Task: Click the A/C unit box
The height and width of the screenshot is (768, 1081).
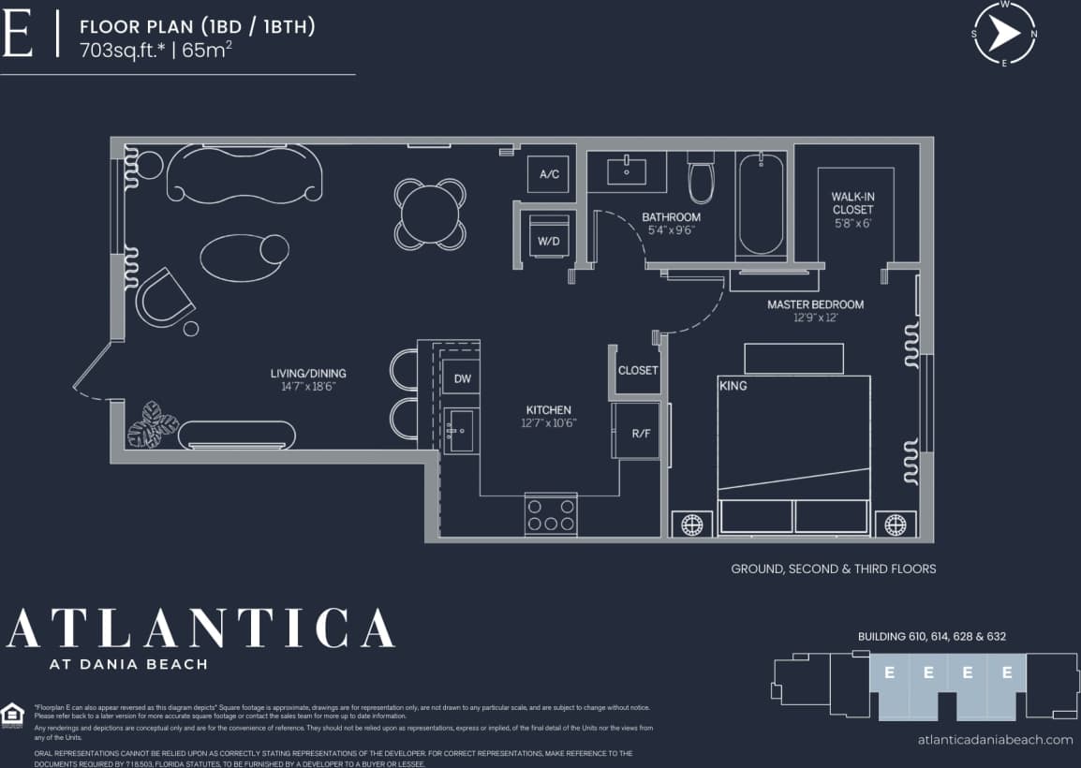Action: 548,174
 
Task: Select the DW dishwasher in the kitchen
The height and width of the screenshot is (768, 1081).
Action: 462,378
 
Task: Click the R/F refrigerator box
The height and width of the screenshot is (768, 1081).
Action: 641,433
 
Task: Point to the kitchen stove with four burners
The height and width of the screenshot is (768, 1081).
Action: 551,513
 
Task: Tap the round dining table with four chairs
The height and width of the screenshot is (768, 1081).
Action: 430,214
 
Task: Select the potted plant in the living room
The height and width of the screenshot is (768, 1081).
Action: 152,427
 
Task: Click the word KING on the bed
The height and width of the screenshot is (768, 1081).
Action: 733,386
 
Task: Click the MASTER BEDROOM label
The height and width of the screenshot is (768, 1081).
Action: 815,304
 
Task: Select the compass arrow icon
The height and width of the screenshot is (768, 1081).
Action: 1004,34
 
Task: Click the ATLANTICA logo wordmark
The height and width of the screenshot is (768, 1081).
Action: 200,628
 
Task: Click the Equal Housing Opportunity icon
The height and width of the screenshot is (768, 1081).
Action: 13,715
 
